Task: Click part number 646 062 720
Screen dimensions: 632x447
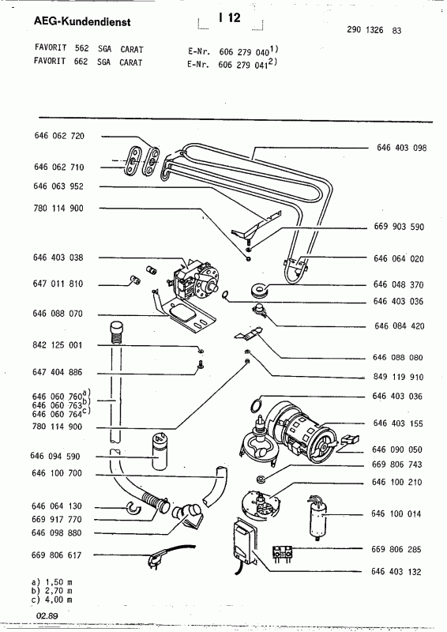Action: coord(60,136)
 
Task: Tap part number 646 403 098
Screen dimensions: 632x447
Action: coord(401,149)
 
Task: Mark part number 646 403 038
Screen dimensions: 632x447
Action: coord(60,258)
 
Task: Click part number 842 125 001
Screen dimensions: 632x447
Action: coord(60,346)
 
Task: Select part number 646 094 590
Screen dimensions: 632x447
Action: coord(60,457)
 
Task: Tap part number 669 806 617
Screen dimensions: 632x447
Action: coord(60,556)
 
